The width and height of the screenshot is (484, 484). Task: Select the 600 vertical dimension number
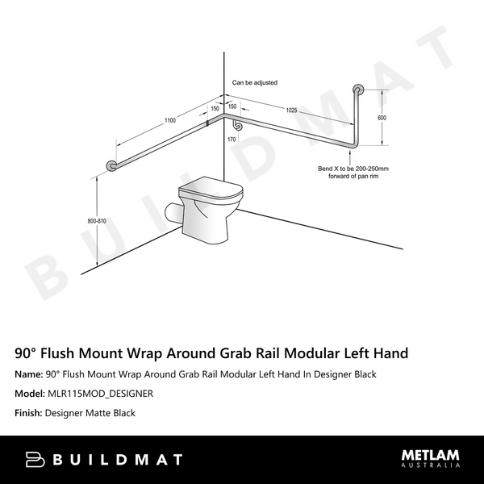pos(382,118)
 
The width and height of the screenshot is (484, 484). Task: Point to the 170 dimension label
pos(232,139)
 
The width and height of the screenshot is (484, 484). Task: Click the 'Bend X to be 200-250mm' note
pos(353,169)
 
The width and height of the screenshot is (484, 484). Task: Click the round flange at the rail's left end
pos(111,166)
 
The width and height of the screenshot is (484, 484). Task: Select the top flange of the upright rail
pos(357,89)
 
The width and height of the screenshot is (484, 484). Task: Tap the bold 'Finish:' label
pos(31,413)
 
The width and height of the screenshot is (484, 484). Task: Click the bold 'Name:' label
pos(29,374)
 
